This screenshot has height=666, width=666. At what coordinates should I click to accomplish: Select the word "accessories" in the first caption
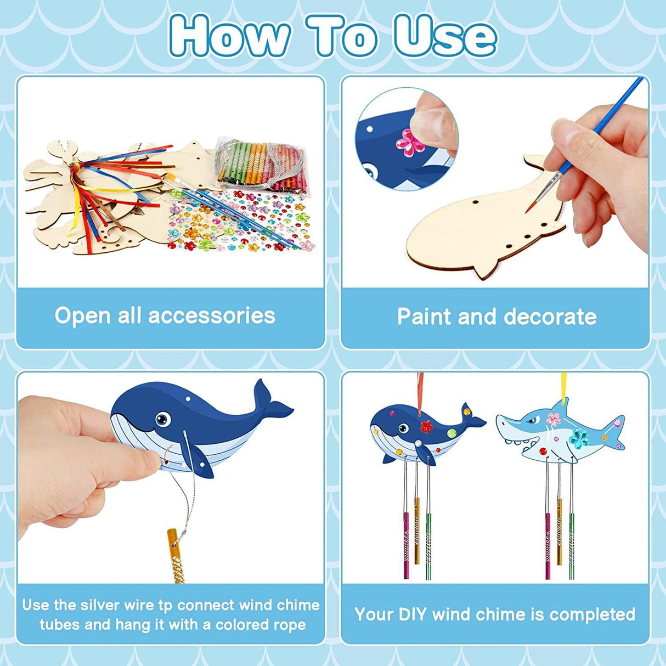(x=212, y=315)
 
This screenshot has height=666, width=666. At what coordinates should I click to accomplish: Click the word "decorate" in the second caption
(x=550, y=317)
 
